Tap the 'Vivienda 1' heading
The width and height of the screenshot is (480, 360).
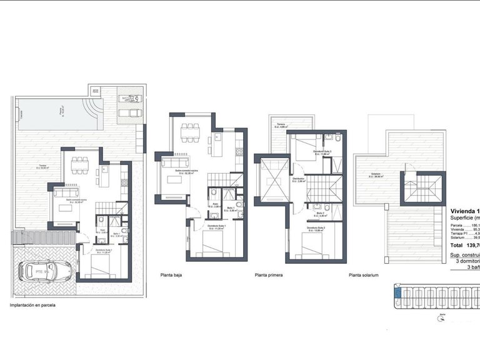(464, 211)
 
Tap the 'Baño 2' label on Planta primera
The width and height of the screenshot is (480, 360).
(321, 212)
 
